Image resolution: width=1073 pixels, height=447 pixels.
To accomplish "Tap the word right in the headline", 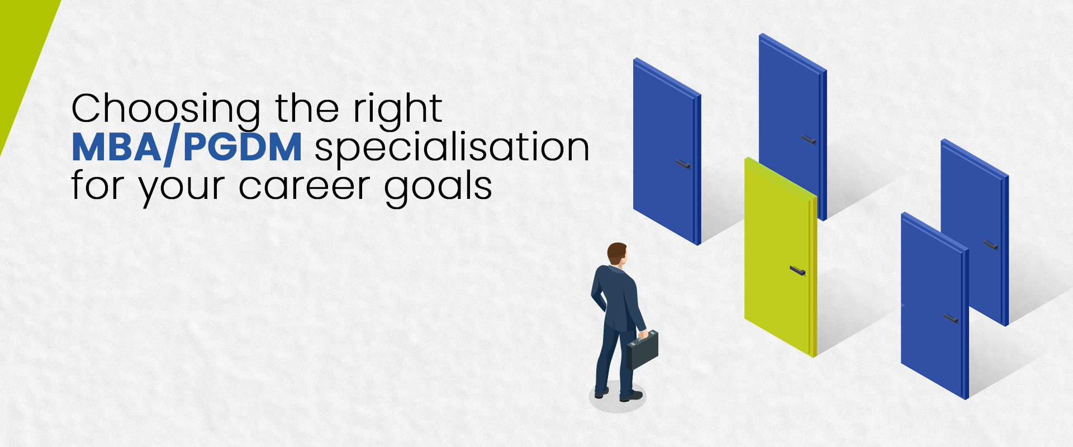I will coord(398,110).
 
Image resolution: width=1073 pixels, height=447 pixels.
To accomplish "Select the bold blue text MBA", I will coord(116,148).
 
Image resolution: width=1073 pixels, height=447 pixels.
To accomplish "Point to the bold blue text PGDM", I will coord(243,148).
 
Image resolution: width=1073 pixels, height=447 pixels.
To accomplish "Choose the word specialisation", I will coord(452,149).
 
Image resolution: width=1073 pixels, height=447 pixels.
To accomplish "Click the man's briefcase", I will coord(642,350).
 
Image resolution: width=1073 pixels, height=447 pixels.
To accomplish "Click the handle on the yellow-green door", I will coord(797,271).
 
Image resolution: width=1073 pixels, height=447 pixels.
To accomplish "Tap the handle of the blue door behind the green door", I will coord(808,139).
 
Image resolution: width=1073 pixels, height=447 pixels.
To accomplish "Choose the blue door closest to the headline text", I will coord(665,151).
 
